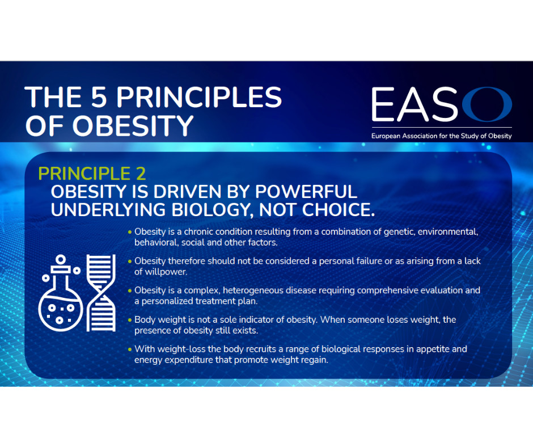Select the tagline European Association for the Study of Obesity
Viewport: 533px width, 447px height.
point(441,136)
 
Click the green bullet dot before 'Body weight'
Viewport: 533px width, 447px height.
point(130,320)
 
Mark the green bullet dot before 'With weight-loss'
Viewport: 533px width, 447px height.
point(130,349)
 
